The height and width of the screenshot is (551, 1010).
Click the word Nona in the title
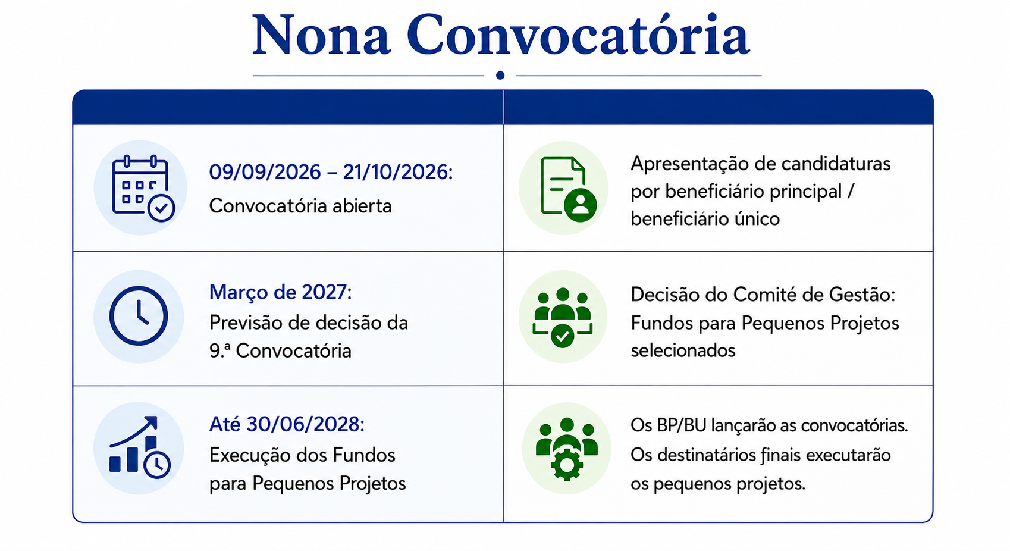point(321,36)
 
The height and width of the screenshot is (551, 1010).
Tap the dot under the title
point(500,76)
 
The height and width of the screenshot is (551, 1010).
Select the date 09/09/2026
point(265,172)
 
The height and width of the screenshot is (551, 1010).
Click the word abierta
point(362,206)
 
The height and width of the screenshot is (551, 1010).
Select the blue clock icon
point(139,316)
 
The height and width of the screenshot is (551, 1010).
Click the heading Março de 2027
point(280,292)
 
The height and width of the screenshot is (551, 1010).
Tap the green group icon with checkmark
point(563,317)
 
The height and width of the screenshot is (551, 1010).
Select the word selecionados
point(683,350)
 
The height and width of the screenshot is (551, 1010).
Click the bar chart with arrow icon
point(140,447)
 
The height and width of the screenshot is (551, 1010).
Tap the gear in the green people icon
point(567,465)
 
